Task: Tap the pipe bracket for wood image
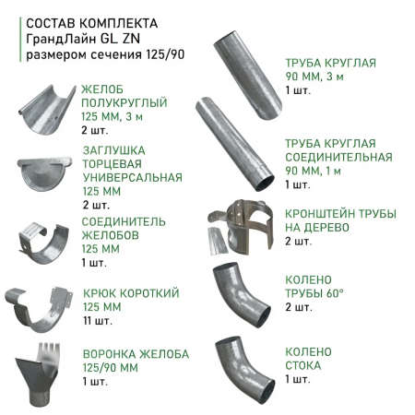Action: pos(243,226)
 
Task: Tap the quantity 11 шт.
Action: pos(96,321)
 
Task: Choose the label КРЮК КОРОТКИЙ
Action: pos(130,292)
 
